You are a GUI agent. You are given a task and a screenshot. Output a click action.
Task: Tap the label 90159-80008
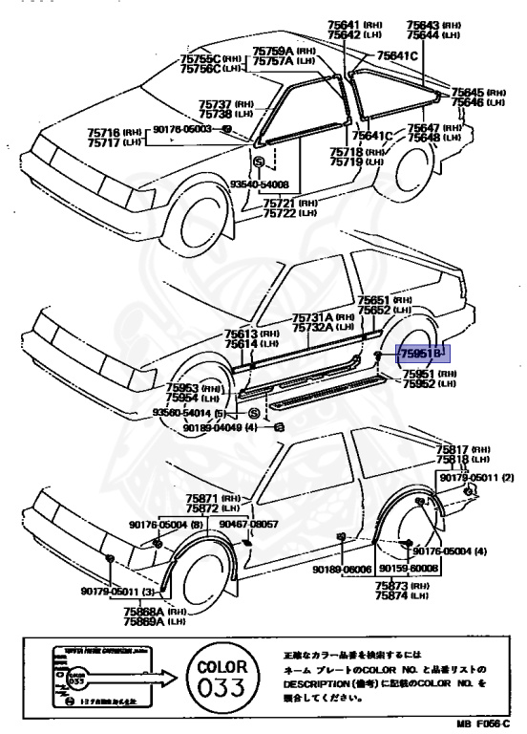click(x=411, y=568)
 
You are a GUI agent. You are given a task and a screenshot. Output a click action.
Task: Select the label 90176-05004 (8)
click(x=168, y=525)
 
